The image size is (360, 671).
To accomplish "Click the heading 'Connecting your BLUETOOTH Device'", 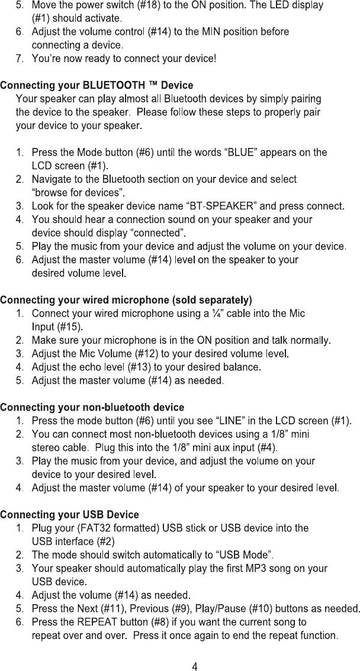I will (x=96, y=86).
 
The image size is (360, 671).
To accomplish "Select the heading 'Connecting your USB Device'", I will (x=69, y=515).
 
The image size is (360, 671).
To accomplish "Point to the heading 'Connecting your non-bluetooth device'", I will (x=92, y=408).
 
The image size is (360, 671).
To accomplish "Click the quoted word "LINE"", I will (x=236, y=421).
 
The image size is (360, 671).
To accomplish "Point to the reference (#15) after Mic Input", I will (x=69, y=326).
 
